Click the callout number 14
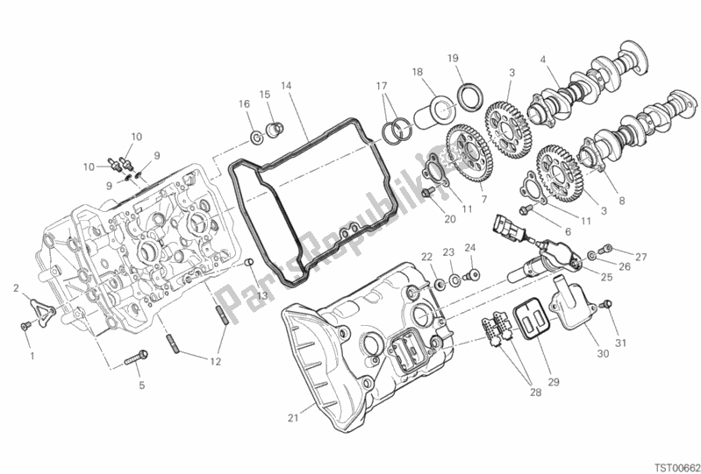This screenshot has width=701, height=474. pos(286,85)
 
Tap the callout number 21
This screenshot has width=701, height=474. pos(293,418)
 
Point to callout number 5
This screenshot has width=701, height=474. pos(142,386)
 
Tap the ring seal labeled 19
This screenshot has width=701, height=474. pos(470,97)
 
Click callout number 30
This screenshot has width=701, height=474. pos(603,354)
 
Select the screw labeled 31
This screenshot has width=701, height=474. pos(605,305)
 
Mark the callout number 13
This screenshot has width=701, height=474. pos(261,295)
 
